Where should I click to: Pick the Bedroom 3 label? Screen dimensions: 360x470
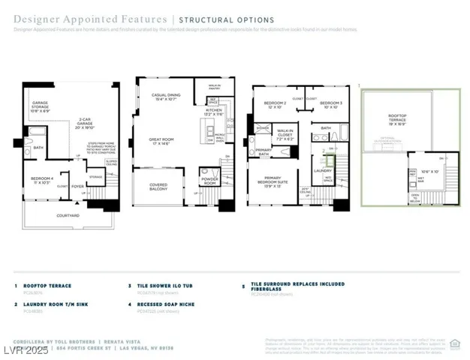[x=330, y=103]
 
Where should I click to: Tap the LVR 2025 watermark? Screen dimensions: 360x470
[x=24, y=351]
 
